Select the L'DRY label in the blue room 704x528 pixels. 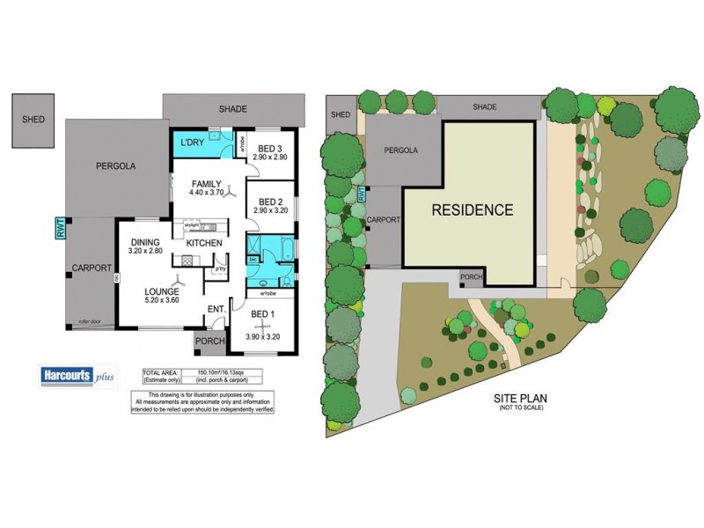coord(193,143)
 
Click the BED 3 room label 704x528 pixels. coord(269,147)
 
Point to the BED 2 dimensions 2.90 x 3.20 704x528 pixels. coord(270,211)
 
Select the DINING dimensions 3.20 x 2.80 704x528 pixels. coord(145,252)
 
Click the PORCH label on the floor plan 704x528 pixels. coord(209,342)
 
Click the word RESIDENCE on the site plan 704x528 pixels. coord(472,210)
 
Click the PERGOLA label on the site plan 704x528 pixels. coord(401,150)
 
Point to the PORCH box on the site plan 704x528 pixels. coord(470,279)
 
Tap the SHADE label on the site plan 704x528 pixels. coord(485,106)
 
